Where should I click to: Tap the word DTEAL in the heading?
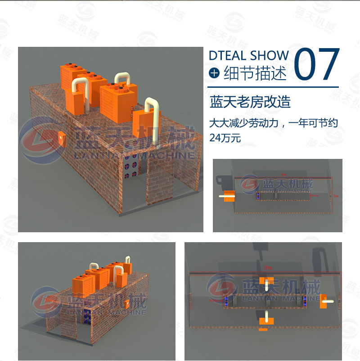228,56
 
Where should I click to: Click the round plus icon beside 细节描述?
215,73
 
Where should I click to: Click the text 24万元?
225,138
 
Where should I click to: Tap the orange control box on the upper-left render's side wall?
61,138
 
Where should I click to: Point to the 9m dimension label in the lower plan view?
268,268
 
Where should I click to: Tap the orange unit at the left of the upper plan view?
229,196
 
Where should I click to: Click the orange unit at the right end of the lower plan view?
323,302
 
